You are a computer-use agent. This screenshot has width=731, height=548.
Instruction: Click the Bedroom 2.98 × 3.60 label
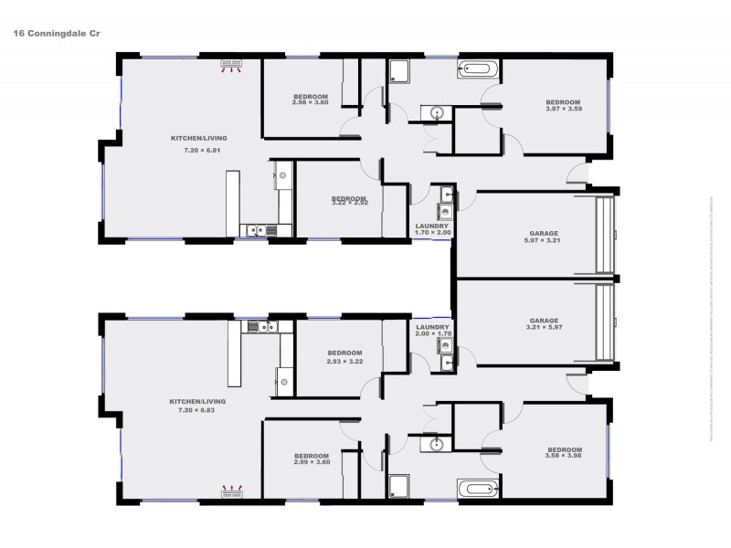click(x=309, y=100)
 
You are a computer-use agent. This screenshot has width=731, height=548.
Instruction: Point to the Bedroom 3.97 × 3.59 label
click(x=563, y=106)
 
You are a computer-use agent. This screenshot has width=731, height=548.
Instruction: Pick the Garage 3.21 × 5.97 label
click(x=544, y=324)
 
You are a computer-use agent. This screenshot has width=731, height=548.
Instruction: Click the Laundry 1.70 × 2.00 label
click(x=431, y=229)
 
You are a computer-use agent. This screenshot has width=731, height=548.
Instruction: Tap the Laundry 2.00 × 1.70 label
click(x=431, y=331)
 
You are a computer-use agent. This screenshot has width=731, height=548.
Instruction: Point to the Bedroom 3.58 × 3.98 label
click(x=564, y=453)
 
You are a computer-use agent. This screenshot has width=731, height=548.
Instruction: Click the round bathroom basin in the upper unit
click(x=437, y=113)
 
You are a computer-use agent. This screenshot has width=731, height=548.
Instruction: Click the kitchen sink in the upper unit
click(x=258, y=230)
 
